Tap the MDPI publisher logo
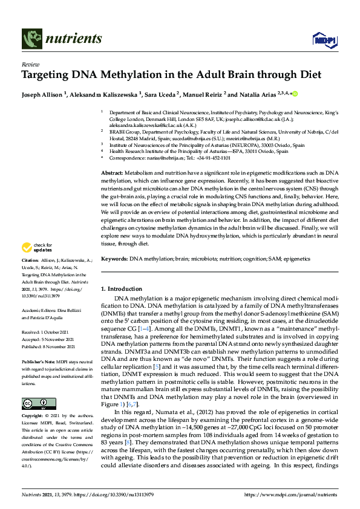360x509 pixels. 324,39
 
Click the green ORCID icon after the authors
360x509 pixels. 295,94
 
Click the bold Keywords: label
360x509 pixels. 114,259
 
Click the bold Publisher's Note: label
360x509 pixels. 39,361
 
